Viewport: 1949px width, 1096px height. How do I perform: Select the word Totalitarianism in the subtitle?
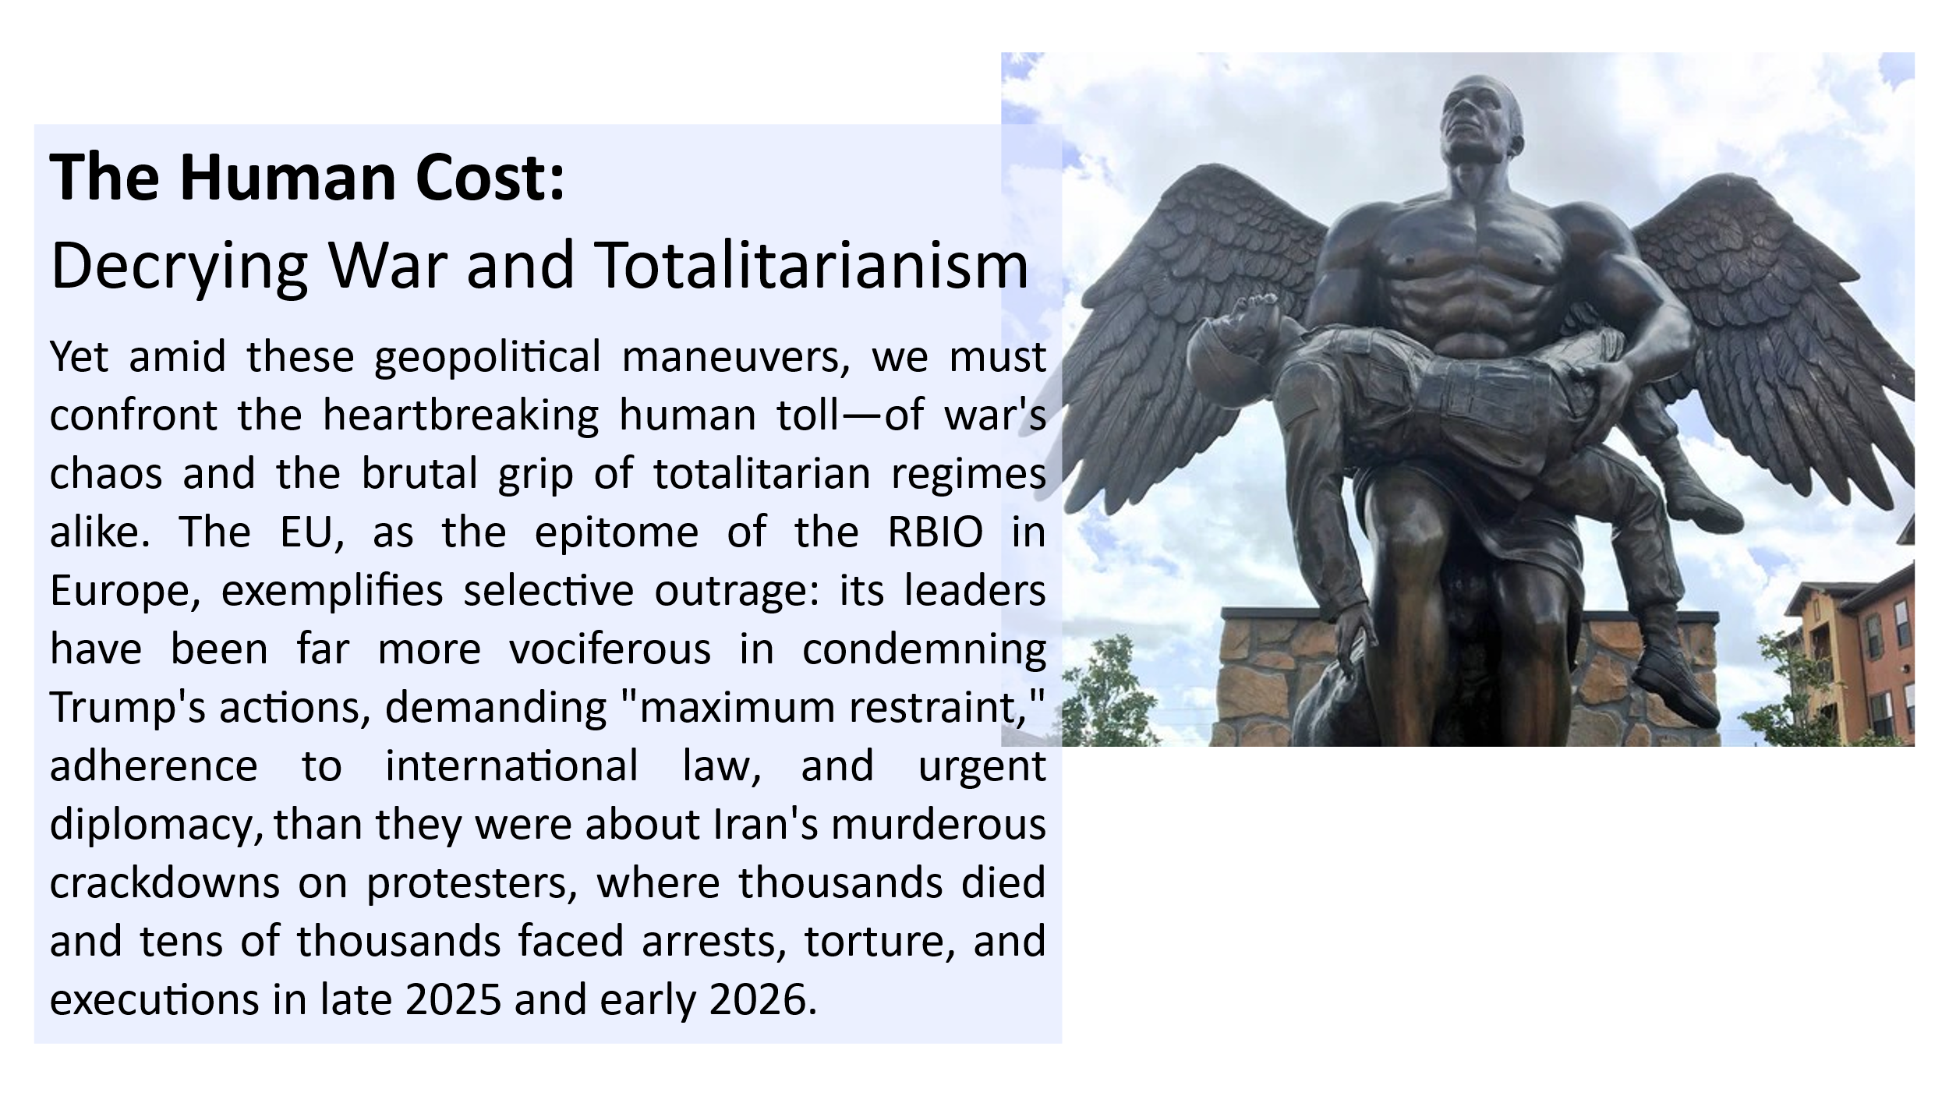click(812, 265)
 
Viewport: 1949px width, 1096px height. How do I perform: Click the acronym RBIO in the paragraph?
click(936, 532)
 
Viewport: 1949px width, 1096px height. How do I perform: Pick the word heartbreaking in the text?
click(461, 415)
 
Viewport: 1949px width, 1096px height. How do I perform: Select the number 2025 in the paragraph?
click(453, 999)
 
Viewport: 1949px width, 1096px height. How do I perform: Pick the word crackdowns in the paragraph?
click(164, 882)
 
